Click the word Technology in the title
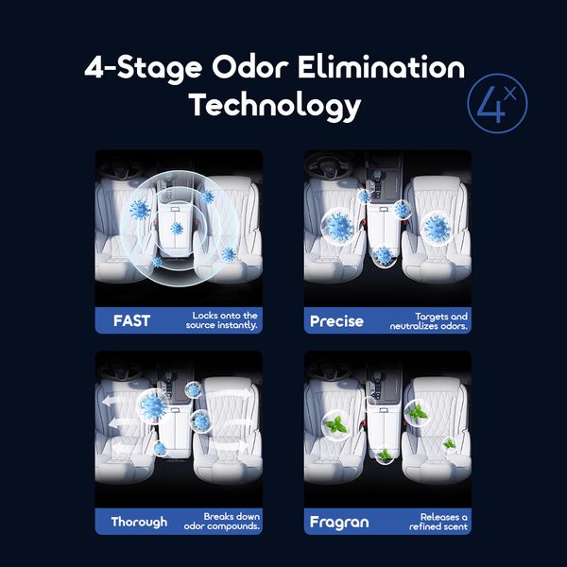click(x=275, y=105)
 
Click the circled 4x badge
click(x=497, y=104)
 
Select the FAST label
click(x=131, y=320)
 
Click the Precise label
click(x=336, y=321)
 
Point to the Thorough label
click(x=139, y=523)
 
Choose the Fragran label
click(x=339, y=523)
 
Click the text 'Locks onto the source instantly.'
click(x=222, y=320)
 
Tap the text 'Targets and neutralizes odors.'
click(x=428, y=321)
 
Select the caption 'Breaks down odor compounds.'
click(x=222, y=521)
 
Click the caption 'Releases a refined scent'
click(x=438, y=522)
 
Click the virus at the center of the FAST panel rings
click(x=177, y=228)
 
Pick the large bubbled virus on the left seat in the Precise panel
click(x=338, y=227)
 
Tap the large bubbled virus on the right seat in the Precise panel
click(x=437, y=228)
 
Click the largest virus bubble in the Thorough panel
click(x=153, y=405)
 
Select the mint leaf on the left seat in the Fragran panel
click(x=335, y=425)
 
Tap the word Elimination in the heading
click(x=382, y=67)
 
